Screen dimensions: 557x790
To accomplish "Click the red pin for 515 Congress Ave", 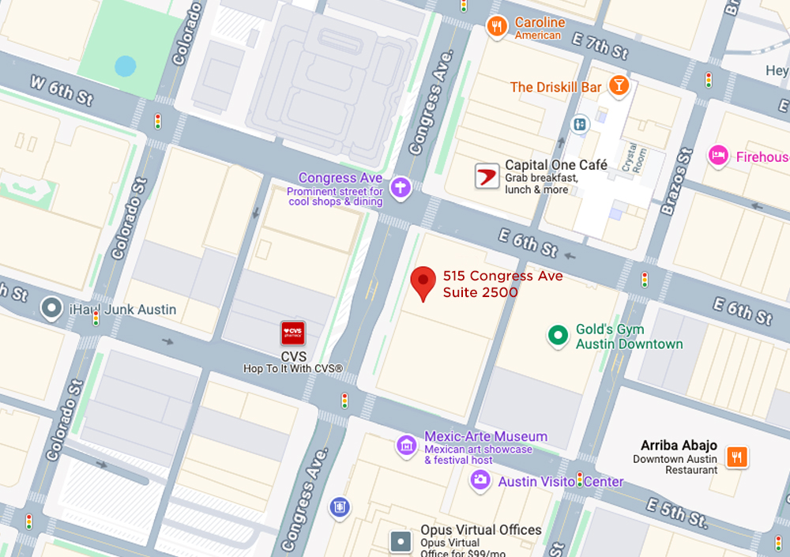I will (423, 283).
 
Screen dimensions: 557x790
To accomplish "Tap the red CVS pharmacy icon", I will (293, 333).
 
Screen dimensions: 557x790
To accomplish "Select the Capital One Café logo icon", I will (487, 175).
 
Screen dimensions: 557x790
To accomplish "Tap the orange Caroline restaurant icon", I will (497, 28).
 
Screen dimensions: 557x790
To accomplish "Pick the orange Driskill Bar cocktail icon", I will (619, 86).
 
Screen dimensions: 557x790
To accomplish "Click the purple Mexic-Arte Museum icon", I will (407, 445).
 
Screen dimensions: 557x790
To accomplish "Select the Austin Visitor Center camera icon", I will (480, 480).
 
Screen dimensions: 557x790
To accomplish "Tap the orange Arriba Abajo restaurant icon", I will (736, 457).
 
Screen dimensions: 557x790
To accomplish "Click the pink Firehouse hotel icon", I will (718, 156).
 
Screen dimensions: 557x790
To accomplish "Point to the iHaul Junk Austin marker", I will (53, 308).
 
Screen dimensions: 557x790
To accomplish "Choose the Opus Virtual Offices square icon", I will (401, 541).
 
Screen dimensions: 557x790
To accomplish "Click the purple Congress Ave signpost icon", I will (401, 186).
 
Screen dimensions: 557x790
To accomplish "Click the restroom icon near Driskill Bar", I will (580, 125).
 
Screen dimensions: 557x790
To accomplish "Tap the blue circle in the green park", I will (125, 66).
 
